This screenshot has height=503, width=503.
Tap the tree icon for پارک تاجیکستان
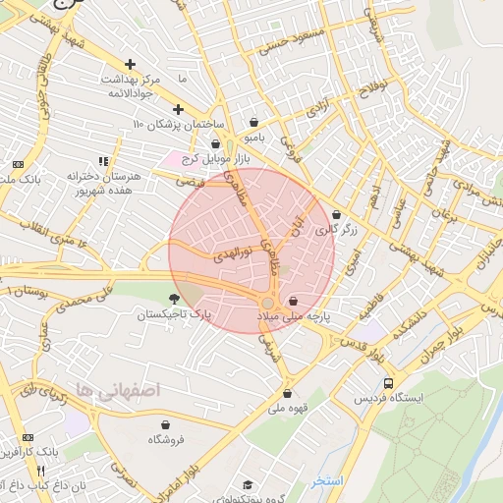175,299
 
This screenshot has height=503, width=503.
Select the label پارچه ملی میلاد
294,317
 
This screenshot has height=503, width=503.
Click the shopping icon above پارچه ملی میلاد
294,302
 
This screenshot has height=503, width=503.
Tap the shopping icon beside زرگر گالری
337,215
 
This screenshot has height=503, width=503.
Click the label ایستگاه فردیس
392,399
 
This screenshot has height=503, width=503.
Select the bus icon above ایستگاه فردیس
390,383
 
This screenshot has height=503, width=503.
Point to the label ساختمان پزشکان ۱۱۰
180,126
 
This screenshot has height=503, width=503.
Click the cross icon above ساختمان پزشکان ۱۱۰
178,110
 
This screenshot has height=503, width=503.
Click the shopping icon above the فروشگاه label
164,425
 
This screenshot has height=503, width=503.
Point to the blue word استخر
327,480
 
